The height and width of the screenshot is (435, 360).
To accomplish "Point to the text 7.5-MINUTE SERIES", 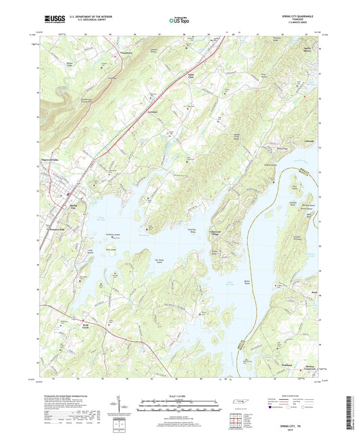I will click(299, 24).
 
